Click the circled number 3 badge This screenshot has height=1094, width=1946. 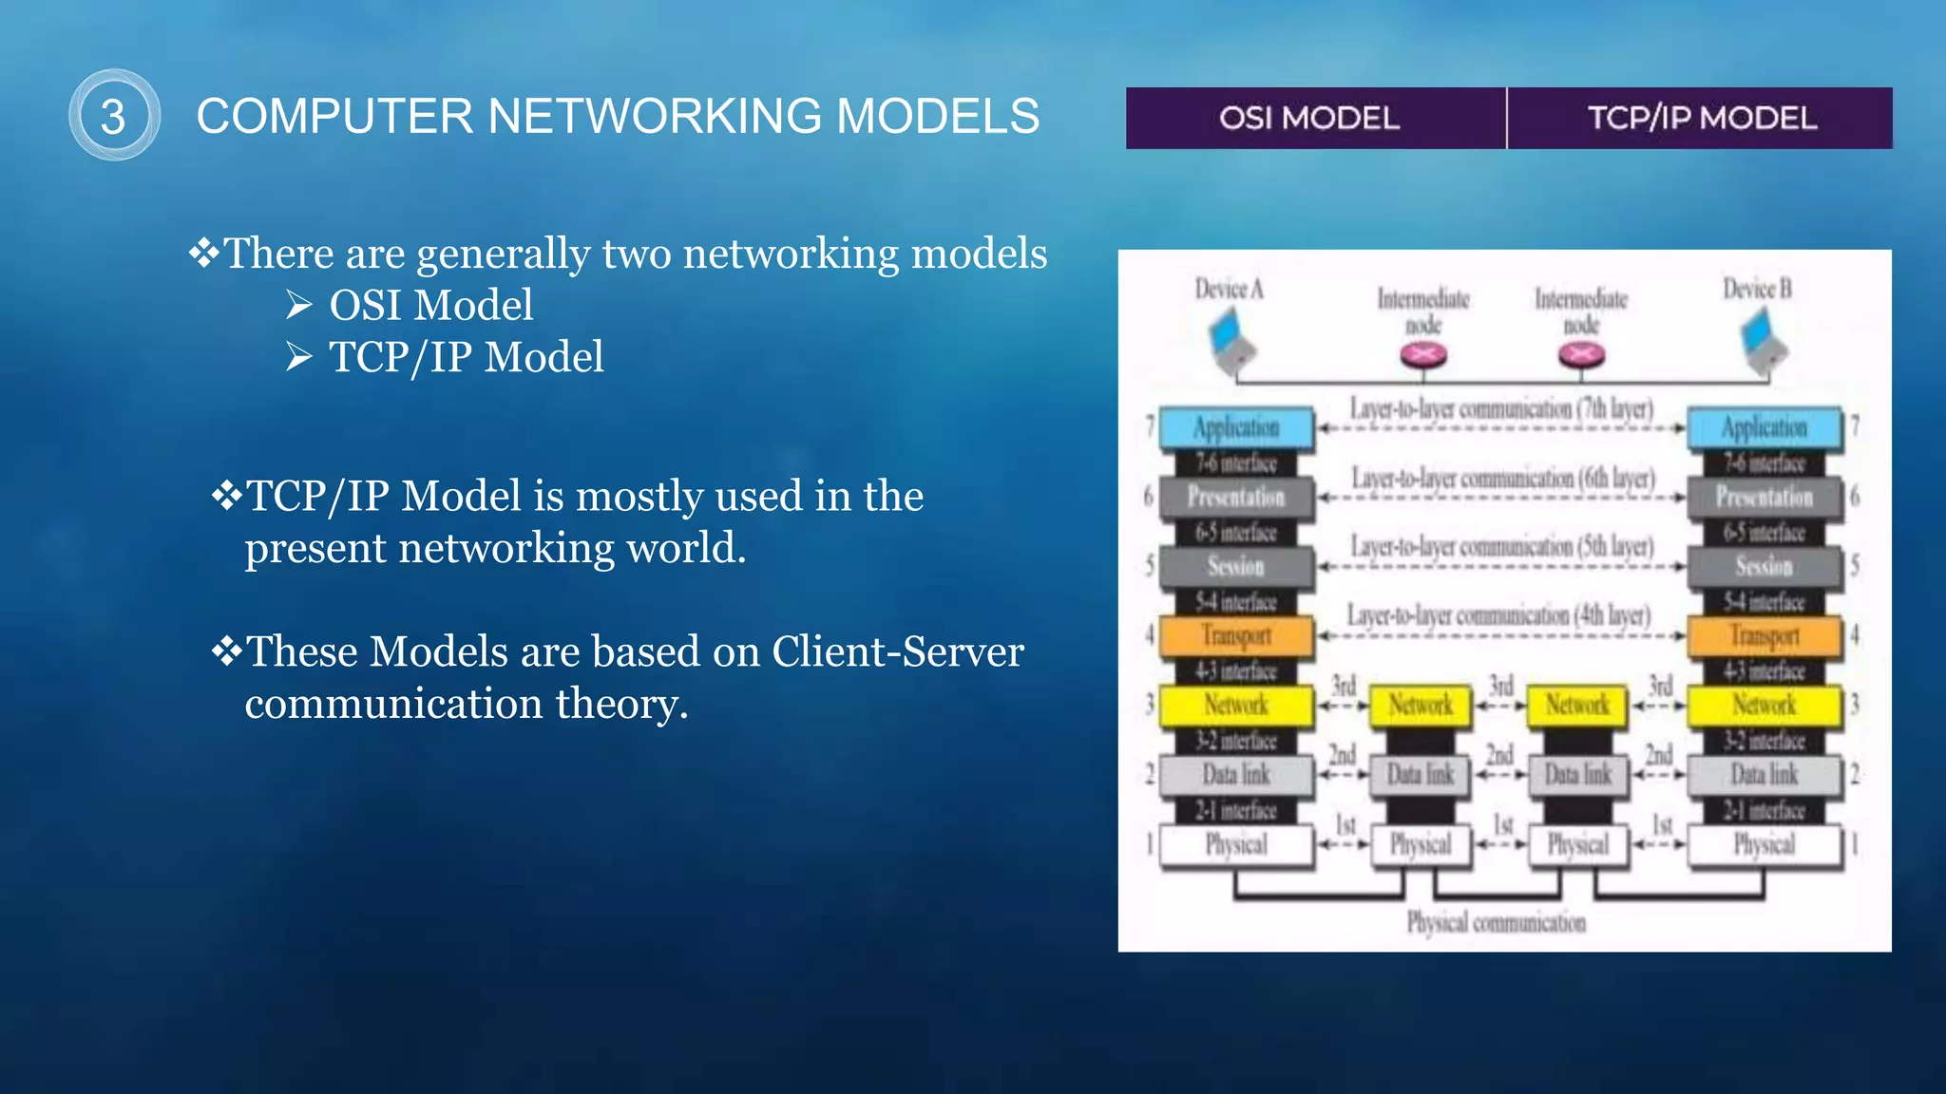point(114,115)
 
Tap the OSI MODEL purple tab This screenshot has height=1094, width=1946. point(1309,118)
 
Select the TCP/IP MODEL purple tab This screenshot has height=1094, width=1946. point(1701,118)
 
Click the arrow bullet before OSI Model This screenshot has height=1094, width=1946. point(298,305)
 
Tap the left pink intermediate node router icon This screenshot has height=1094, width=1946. point(1423,355)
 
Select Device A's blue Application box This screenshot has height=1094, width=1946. point(1236,427)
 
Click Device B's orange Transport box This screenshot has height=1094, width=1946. point(1765,635)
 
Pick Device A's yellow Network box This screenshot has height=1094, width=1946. point(1236,705)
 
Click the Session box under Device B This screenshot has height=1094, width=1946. point(1765,566)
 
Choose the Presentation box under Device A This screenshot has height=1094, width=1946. point(1236,497)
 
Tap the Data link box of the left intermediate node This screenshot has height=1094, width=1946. point(1421,775)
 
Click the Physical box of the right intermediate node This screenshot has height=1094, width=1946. point(1578,844)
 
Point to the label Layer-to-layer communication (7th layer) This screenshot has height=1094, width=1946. point(1501,408)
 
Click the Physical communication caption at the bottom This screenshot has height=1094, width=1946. point(1496,922)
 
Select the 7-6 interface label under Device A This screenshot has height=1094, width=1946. point(1236,463)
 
